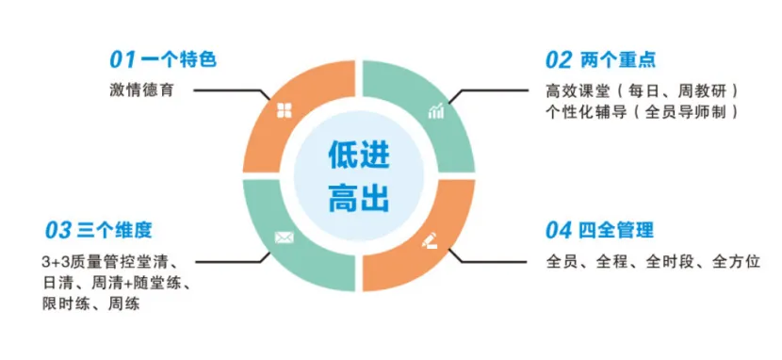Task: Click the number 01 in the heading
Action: point(122,60)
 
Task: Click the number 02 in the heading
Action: point(559,60)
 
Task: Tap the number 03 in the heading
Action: point(59,230)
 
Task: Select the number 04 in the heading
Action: point(560,230)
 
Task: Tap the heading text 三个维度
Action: point(114,230)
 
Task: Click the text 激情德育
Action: point(139,90)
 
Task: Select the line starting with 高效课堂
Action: point(641,90)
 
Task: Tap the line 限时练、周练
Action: point(84,303)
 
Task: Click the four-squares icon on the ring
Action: point(283,111)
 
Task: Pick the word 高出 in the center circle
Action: point(359,197)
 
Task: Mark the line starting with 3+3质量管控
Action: point(110,261)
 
